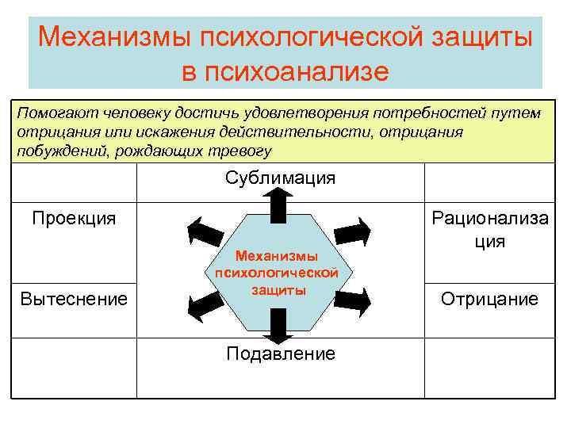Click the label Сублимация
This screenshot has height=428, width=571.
280,178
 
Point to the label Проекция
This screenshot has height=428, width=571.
74,218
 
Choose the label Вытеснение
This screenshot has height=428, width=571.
74,299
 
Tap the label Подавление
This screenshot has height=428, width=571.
280,353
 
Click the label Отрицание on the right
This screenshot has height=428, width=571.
489,299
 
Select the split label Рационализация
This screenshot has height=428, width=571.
489,229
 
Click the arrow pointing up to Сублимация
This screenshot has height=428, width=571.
278,205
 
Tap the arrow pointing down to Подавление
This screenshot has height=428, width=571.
278,325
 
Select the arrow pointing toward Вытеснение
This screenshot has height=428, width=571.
205,300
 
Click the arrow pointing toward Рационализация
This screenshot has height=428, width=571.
352,231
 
